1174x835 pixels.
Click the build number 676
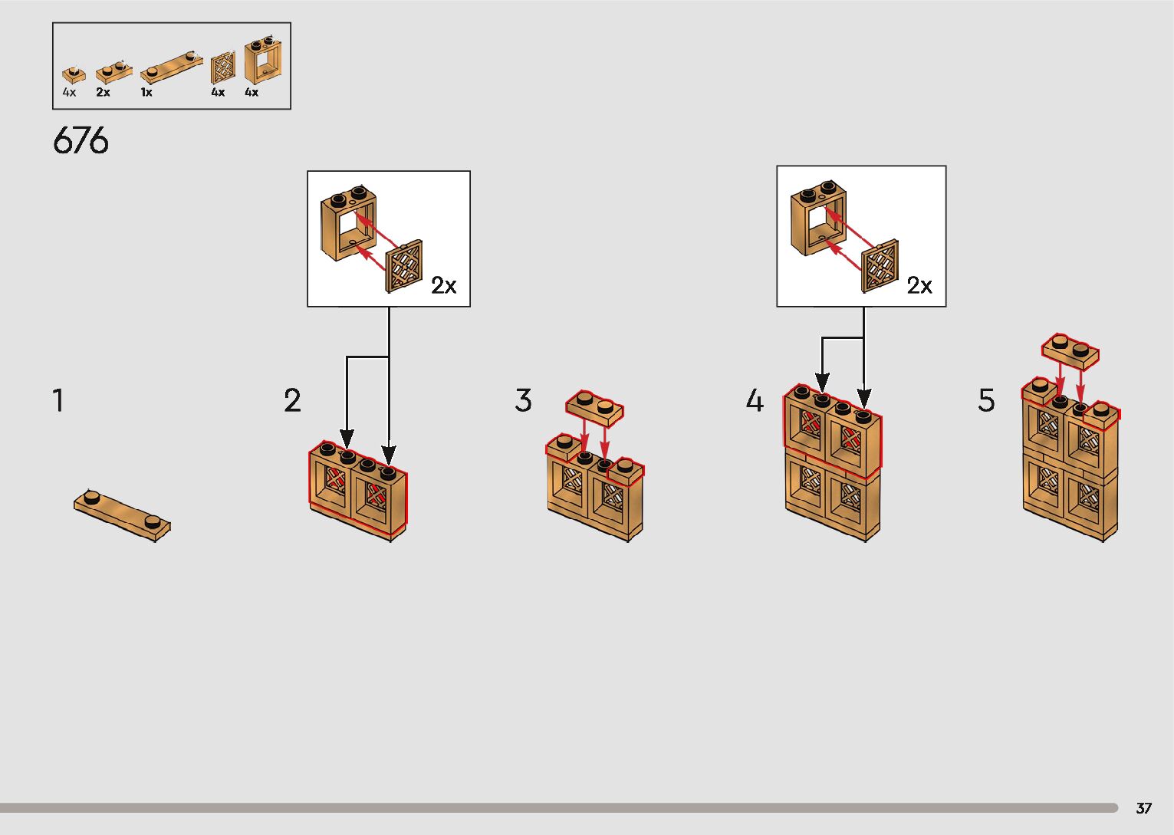pyautogui.click(x=81, y=141)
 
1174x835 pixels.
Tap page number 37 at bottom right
pyautogui.click(x=1143, y=808)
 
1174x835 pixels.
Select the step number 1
pyautogui.click(x=58, y=400)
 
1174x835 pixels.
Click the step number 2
pyautogui.click(x=292, y=401)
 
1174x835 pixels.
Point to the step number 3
pyautogui.click(x=523, y=400)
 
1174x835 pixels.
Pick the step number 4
pyautogui.click(x=755, y=401)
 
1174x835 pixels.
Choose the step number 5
pyautogui.click(x=986, y=400)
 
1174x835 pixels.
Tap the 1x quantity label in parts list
pyautogui.click(x=146, y=93)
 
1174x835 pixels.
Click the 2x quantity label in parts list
pyautogui.click(x=103, y=93)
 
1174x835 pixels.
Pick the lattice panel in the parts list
pyautogui.click(x=222, y=68)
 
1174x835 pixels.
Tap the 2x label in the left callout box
pyautogui.click(x=443, y=286)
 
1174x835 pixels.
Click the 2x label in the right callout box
pyautogui.click(x=919, y=286)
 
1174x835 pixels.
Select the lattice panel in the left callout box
pyautogui.click(x=404, y=267)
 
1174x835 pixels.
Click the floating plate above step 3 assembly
pyautogui.click(x=594, y=408)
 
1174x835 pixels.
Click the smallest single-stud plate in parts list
pyautogui.click(x=74, y=74)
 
